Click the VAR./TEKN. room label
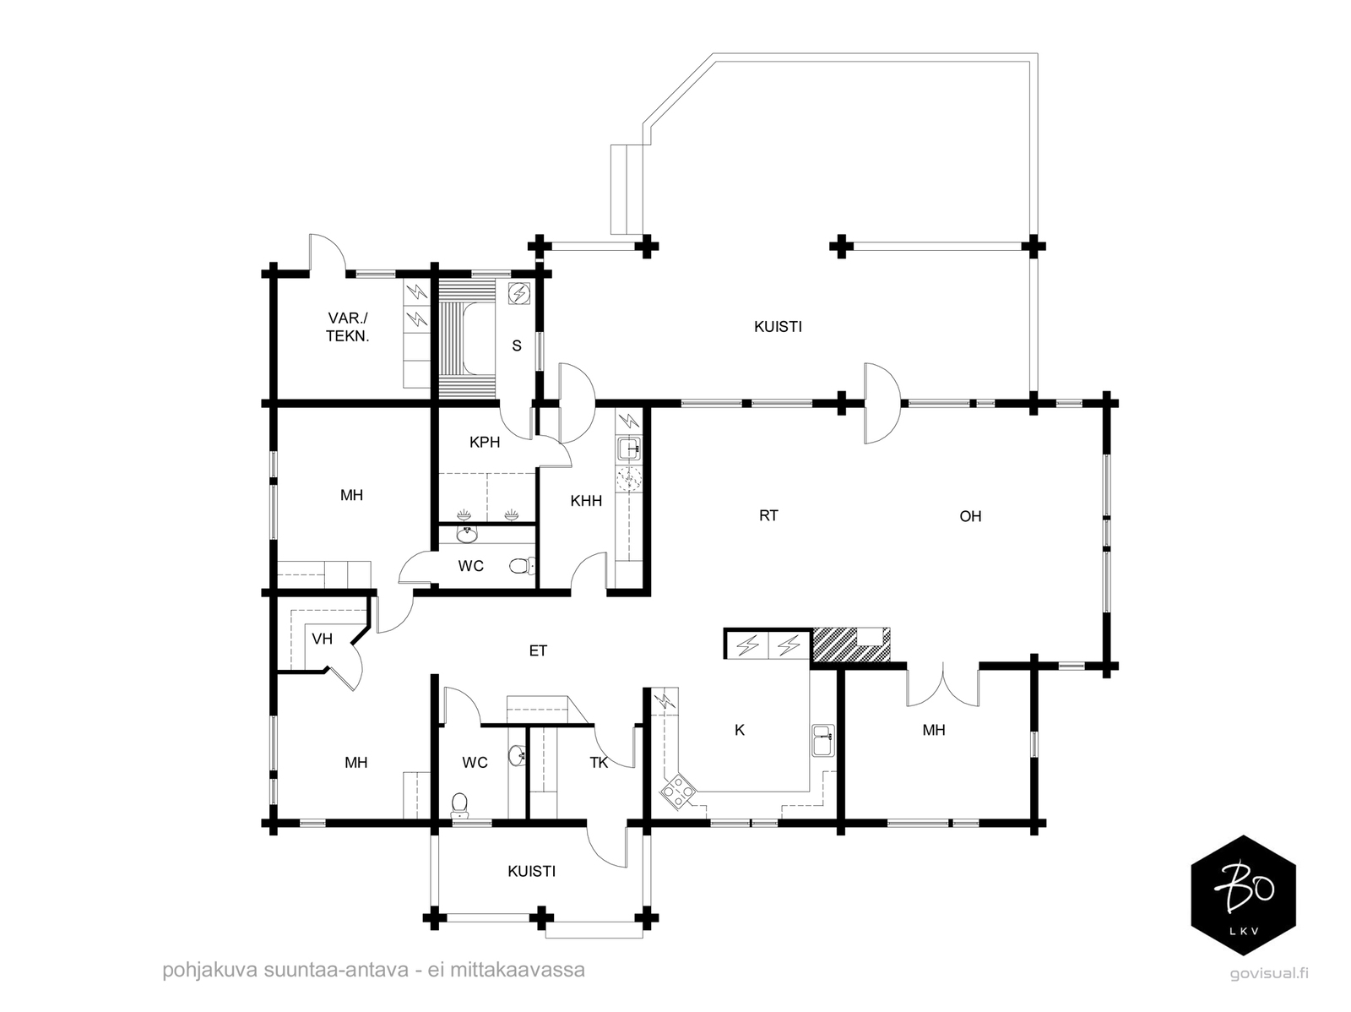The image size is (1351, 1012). pyautogui.click(x=348, y=327)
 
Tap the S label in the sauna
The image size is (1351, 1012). pyautogui.click(x=517, y=346)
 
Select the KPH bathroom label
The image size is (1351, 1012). pyautogui.click(x=485, y=442)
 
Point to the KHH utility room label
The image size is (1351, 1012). pyautogui.click(x=586, y=501)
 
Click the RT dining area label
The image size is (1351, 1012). pyautogui.click(x=768, y=515)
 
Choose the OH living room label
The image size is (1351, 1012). pyautogui.click(x=970, y=516)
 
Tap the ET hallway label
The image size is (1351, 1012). pyautogui.click(x=538, y=650)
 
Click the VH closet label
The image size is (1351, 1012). pyautogui.click(x=322, y=639)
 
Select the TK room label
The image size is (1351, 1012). pyautogui.click(x=599, y=763)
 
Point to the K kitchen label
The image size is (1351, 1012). pyautogui.click(x=740, y=730)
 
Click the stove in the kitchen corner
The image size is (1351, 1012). pyautogui.click(x=677, y=792)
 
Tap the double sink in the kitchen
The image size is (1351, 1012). pyautogui.click(x=823, y=740)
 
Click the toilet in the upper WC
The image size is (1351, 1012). pyautogui.click(x=524, y=566)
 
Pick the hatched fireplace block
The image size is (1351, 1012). pyautogui.click(x=850, y=645)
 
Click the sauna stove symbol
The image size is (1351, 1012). pyautogui.click(x=519, y=294)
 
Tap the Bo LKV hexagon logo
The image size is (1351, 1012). pyautogui.click(x=1243, y=895)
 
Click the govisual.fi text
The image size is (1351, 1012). pyautogui.click(x=1269, y=973)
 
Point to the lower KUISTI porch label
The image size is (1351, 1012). pyautogui.click(x=532, y=871)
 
